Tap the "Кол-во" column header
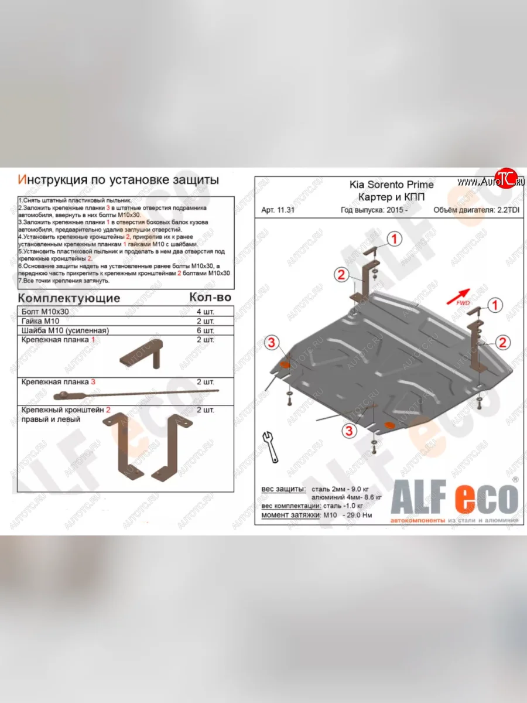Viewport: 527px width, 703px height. (210, 298)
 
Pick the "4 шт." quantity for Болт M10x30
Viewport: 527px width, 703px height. (206, 312)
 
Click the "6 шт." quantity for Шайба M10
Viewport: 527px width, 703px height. (206, 330)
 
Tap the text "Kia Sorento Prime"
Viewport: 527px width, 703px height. (392, 185)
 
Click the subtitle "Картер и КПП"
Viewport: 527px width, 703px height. (392, 197)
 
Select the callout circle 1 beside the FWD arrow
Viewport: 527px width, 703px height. (495, 305)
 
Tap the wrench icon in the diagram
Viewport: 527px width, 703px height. (271, 446)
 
